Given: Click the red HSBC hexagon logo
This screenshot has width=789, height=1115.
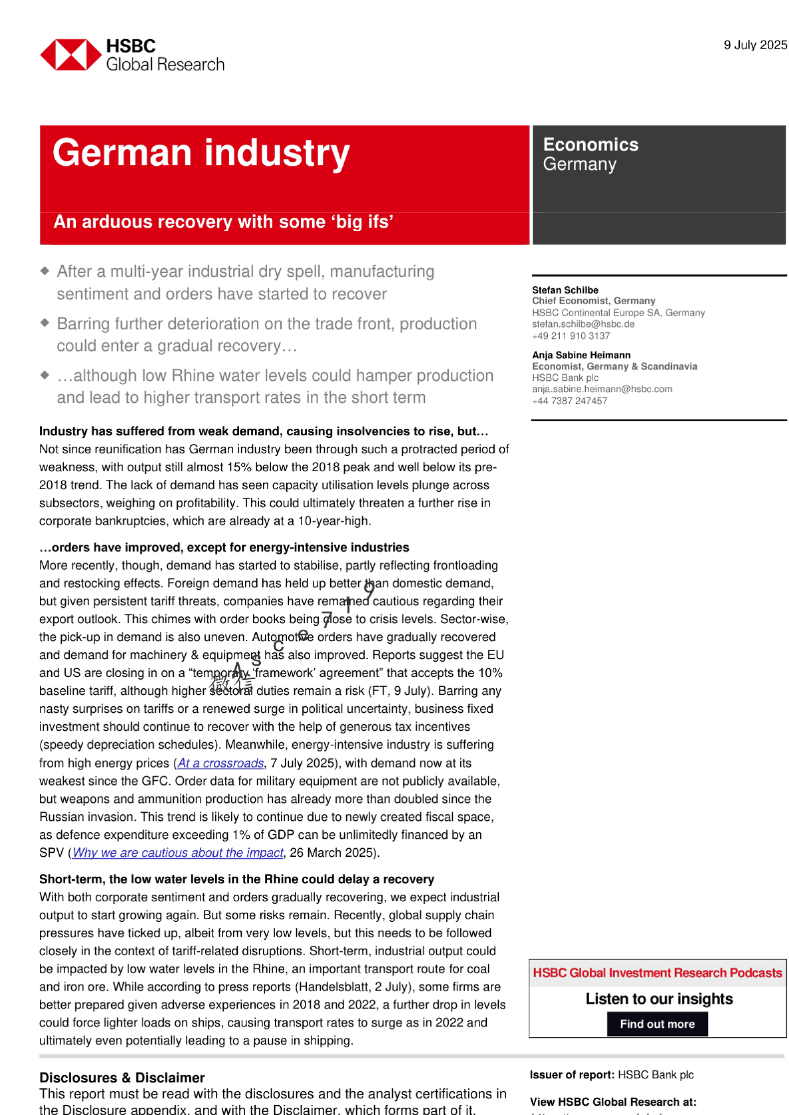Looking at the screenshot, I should (71, 55).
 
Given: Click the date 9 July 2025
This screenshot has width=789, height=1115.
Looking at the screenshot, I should (755, 45).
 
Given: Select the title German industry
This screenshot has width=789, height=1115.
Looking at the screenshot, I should (201, 153).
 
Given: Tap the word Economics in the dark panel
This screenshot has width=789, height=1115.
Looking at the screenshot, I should (590, 145).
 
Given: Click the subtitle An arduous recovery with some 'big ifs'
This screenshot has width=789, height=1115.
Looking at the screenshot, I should (223, 222).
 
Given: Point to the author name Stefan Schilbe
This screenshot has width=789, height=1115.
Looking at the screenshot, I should (565, 290).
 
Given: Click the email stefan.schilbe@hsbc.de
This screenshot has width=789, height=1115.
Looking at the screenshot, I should (583, 325).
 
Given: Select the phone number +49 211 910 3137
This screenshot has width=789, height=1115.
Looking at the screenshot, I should (570, 336).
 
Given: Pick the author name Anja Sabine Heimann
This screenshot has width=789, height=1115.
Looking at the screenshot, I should (581, 355).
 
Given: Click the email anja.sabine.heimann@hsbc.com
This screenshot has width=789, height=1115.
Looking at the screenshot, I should (602, 389).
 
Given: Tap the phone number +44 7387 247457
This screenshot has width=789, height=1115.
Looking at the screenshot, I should (569, 401).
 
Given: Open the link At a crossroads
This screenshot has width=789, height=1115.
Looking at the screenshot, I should (220, 763).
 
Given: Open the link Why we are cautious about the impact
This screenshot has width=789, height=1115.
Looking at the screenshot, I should (178, 853).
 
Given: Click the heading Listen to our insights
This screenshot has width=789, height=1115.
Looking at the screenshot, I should (659, 999).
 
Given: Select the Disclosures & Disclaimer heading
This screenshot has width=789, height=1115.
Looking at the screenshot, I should (122, 1078).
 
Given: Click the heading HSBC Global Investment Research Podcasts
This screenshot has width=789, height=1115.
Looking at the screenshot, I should (657, 973).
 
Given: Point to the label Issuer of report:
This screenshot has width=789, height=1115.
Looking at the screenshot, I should (572, 1075).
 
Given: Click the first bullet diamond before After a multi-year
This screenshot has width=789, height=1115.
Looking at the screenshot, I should (45, 271).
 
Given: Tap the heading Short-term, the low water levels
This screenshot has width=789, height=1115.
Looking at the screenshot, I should (236, 879).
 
